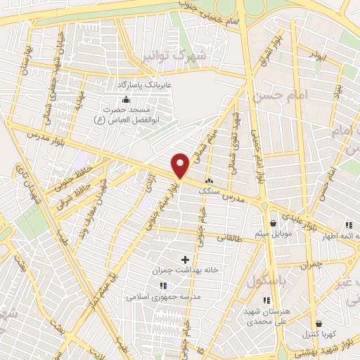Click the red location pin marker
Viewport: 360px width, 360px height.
coord(181,165)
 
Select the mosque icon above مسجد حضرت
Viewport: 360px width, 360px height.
coord(125,99)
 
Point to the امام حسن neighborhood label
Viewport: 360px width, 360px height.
coord(290,94)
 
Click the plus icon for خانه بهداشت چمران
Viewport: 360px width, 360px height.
coord(186,260)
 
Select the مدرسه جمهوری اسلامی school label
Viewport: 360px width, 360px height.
coord(164,297)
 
